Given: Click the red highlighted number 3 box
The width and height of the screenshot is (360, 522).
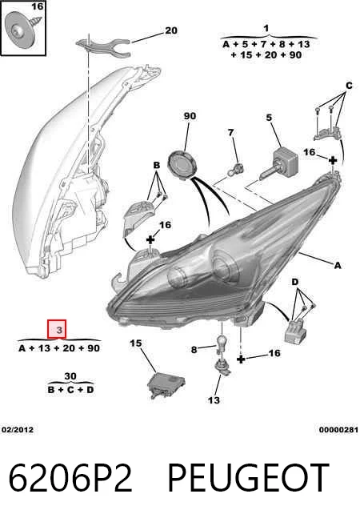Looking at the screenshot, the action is [57, 329].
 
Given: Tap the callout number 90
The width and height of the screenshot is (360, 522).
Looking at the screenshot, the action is [190, 116].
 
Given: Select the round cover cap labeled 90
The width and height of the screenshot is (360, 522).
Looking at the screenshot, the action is [182, 165].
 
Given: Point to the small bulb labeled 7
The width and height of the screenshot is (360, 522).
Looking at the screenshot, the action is [235, 170].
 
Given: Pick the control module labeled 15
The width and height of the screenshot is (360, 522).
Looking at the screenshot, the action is [166, 385].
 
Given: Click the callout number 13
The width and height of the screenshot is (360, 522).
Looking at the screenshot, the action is [214, 400].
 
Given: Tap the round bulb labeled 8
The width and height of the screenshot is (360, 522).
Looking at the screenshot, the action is [222, 344].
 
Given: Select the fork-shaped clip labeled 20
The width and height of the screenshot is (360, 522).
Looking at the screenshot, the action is [103, 46].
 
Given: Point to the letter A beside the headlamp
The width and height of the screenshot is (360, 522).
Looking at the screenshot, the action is [338, 266].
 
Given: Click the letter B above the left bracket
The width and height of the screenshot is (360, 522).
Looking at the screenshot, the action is [156, 165].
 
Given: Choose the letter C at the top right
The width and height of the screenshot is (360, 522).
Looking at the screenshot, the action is [349, 86].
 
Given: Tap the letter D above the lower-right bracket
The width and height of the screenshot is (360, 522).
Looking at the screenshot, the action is [294, 283].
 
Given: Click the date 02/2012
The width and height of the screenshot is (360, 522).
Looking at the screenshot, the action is [18, 429].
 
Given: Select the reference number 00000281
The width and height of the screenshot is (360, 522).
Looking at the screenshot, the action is [338, 430].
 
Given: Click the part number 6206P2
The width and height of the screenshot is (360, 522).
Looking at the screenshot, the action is [70, 478].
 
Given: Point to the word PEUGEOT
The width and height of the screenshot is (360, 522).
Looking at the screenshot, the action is [249, 478].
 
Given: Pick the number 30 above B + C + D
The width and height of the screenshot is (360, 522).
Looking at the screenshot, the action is [70, 376].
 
